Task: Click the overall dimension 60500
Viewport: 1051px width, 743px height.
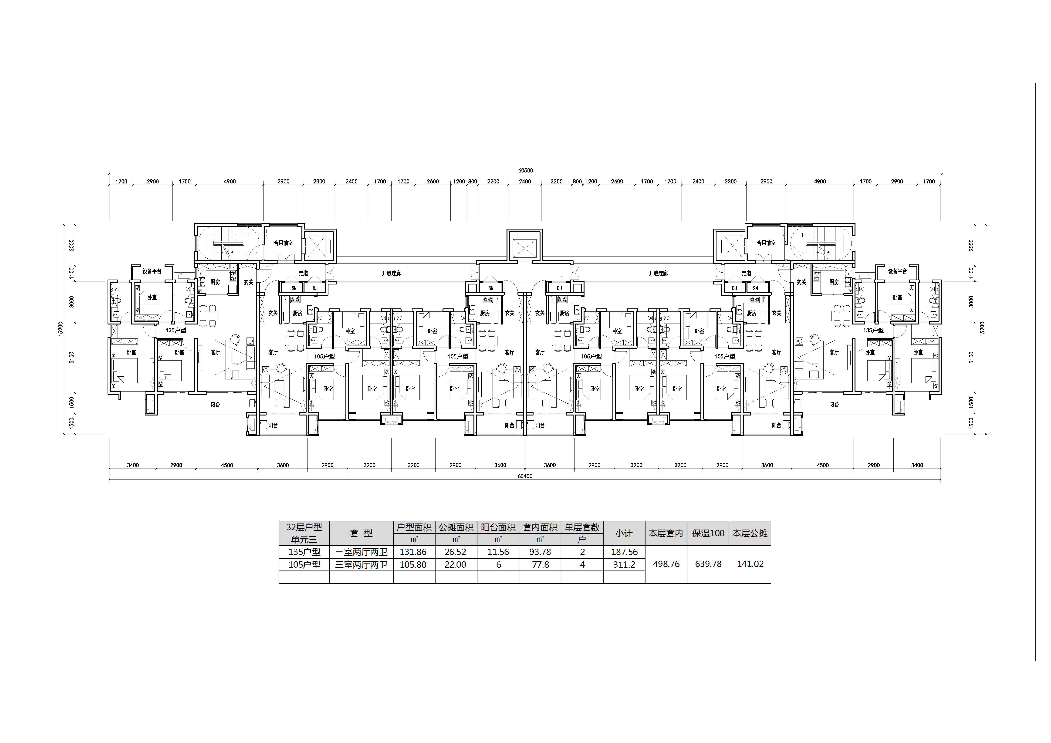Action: click(525, 170)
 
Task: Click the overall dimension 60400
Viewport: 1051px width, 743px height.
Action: click(525, 476)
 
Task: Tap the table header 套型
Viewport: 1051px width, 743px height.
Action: click(361, 533)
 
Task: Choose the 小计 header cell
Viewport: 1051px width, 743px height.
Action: click(624, 533)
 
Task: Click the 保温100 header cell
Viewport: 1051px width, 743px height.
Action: click(708, 533)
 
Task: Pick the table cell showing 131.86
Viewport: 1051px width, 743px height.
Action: click(413, 552)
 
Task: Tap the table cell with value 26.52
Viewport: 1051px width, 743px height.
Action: click(456, 552)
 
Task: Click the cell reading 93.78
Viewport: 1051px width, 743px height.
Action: click(540, 552)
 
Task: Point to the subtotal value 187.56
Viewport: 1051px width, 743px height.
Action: click(624, 552)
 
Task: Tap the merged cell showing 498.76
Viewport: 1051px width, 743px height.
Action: click(666, 564)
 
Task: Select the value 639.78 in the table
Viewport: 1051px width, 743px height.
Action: click(708, 564)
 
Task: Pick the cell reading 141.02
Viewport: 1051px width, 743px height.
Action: click(750, 564)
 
